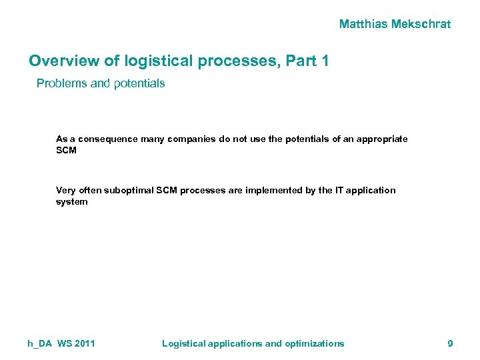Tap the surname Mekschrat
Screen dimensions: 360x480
click(x=421, y=25)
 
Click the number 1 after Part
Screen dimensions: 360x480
click(x=324, y=61)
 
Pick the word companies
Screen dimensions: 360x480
click(x=195, y=139)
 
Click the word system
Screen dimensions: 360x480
click(x=71, y=201)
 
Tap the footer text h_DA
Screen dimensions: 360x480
click(x=40, y=343)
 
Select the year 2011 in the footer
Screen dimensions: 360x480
click(x=85, y=343)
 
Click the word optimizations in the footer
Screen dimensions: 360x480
click(x=315, y=343)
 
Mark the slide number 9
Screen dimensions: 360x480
click(x=450, y=343)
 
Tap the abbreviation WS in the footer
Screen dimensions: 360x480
click(x=65, y=343)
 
